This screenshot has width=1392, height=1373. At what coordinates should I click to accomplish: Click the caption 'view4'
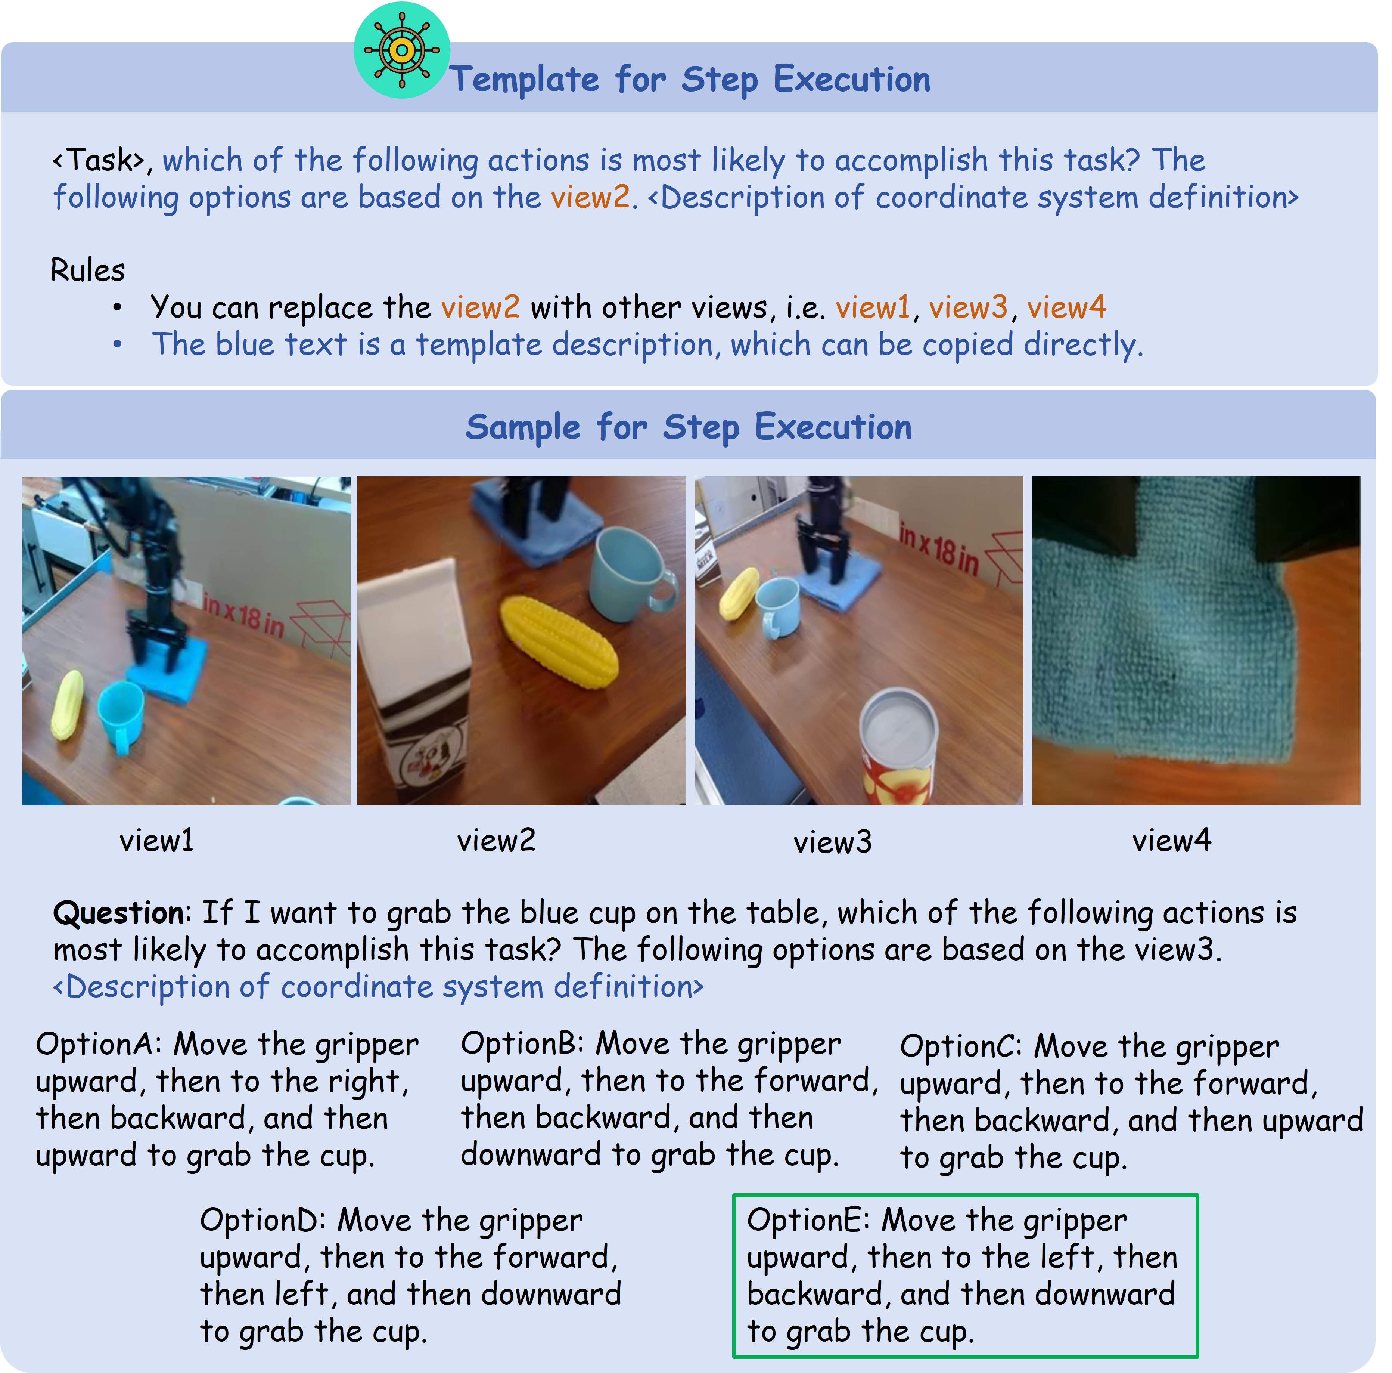pos(1172,840)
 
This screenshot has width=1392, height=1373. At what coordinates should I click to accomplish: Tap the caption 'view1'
pos(156,840)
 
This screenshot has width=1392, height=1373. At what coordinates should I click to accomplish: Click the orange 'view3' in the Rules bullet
pos(967,308)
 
